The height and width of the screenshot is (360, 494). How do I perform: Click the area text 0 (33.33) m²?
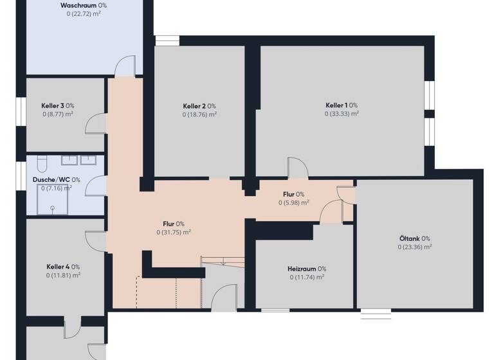coord(341,114)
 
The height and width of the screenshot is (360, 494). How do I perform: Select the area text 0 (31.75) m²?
coord(173,233)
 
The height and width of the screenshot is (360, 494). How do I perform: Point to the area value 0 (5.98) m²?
coord(293,203)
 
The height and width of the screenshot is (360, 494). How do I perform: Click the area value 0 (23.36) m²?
coord(414,246)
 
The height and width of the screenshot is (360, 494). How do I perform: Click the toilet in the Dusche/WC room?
coord(41,161)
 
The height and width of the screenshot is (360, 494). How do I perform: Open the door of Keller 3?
coord(96,123)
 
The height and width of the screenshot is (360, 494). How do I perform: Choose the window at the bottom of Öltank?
coord(376,312)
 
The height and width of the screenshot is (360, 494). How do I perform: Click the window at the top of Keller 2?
coord(167,40)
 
